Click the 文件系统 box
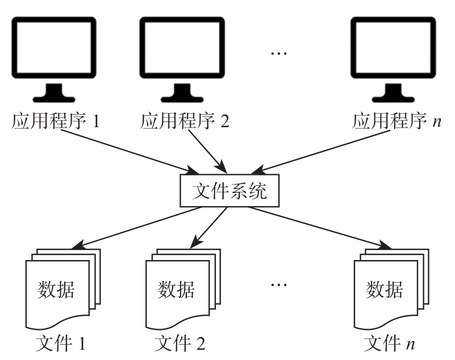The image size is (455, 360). click(x=229, y=192)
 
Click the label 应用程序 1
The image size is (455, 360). click(x=56, y=122)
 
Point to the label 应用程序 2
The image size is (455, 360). click(x=185, y=122)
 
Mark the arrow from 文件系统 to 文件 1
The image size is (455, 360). click(x=136, y=228)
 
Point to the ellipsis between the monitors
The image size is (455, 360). click(x=279, y=55)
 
